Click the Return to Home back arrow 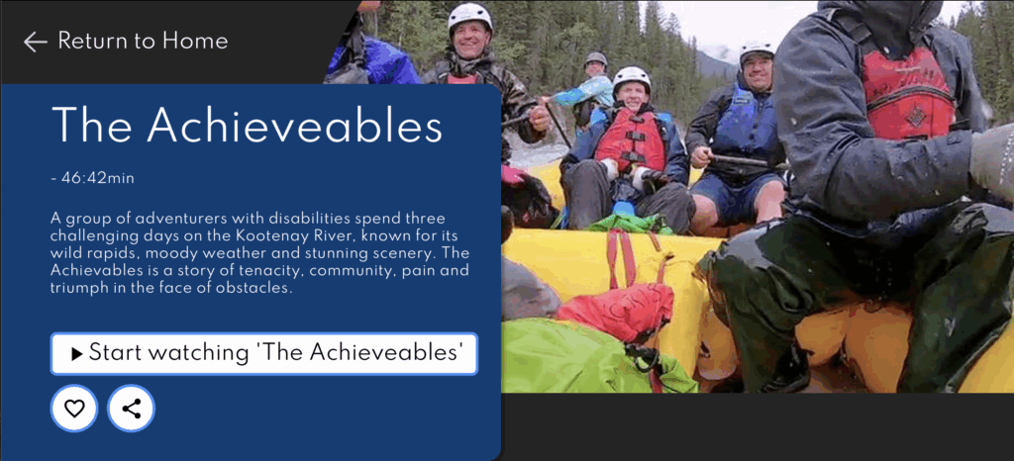coord(36,42)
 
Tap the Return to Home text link coord(143,42)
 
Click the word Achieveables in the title coord(295,125)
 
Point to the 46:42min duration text coord(98,178)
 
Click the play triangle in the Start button coord(77,354)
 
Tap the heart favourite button coord(74,408)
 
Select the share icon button coord(132,408)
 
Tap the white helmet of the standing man coord(470,16)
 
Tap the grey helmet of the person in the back coord(595,58)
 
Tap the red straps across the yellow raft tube coord(621,258)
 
